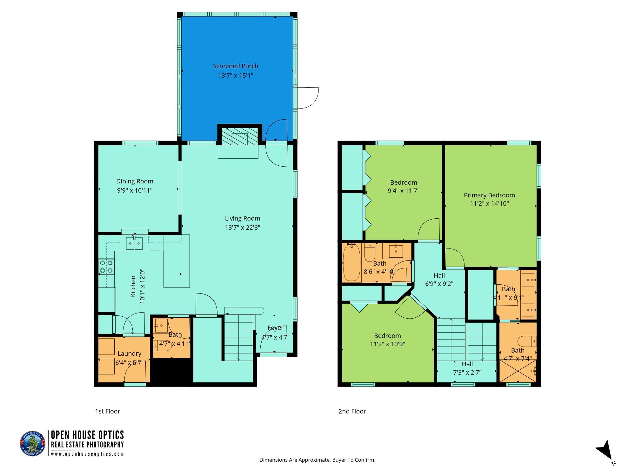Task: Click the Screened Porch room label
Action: point(235,66)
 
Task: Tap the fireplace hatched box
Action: point(240,136)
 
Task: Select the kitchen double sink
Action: point(135,243)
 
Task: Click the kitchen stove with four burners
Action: point(106,267)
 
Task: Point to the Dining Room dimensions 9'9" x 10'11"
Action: point(135,190)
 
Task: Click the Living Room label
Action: point(243,218)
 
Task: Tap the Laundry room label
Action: point(129,354)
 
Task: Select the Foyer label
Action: point(275,328)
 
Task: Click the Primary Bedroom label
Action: point(489,195)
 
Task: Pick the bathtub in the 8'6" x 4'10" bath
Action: point(351,262)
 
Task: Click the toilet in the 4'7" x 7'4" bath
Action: point(527,341)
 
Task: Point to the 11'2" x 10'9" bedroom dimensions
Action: point(387,344)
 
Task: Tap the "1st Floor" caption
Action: point(108,411)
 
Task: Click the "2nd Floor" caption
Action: point(352,411)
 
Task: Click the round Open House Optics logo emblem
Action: point(33,444)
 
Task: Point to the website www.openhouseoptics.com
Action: point(87,454)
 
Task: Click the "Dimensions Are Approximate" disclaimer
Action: point(317,460)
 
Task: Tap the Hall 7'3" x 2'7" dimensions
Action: point(467,373)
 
